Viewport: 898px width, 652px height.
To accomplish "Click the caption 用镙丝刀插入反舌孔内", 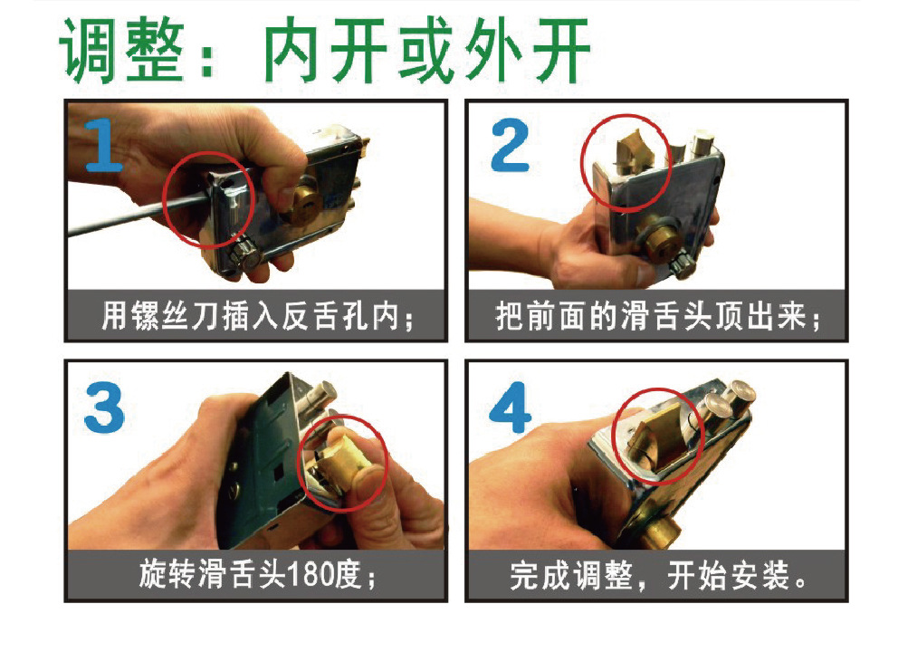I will (x=255, y=316).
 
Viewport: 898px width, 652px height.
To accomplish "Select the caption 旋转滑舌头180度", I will (x=255, y=575).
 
